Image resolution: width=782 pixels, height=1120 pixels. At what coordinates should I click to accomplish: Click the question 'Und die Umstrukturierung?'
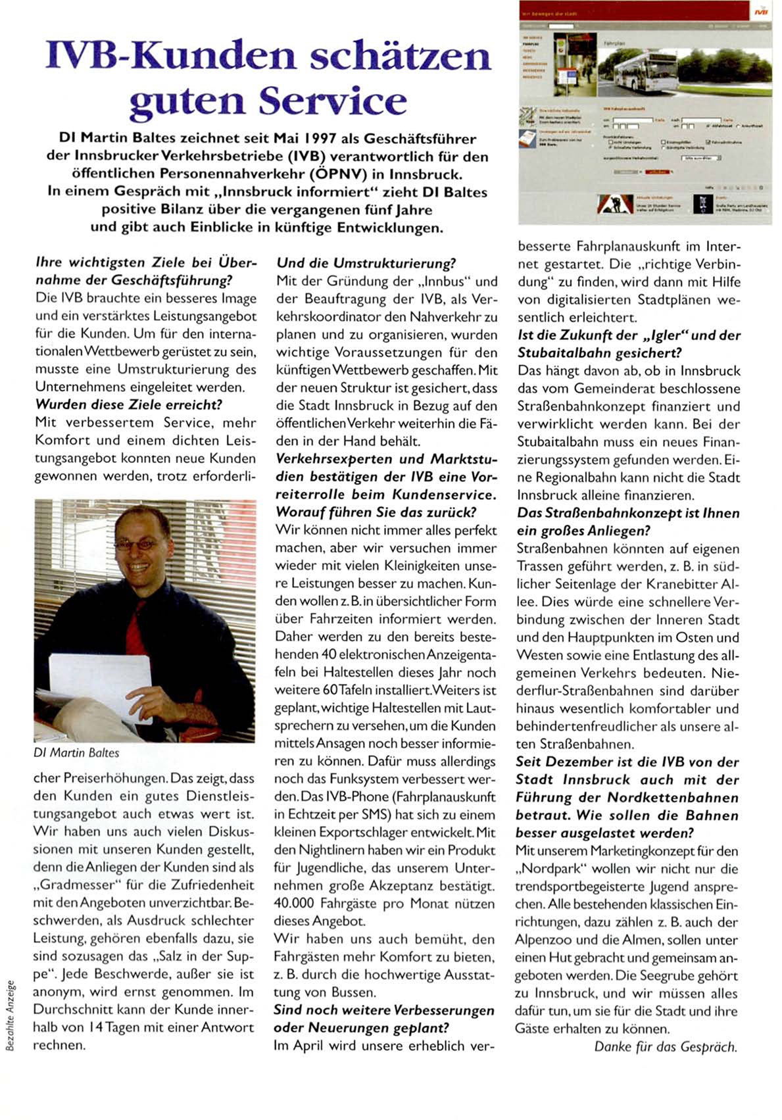[x=366, y=263]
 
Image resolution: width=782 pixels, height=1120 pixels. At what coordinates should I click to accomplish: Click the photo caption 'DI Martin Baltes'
[x=76, y=752]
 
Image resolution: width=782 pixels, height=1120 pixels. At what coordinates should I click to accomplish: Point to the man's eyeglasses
[x=137, y=545]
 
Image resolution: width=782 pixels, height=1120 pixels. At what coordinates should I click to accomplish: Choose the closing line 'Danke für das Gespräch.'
[x=666, y=1047]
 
